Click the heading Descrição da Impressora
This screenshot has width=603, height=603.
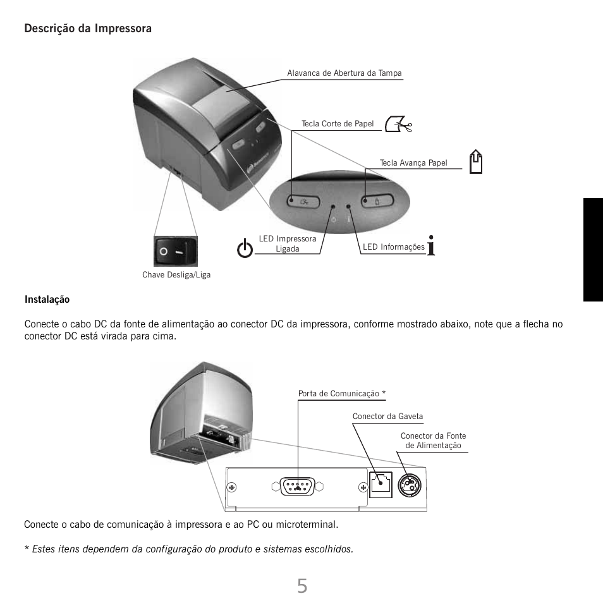point(88,28)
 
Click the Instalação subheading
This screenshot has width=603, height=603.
point(47,299)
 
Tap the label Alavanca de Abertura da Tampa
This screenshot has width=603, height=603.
point(344,73)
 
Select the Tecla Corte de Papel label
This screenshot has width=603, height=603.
point(338,123)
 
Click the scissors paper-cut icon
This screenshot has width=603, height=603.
point(398,125)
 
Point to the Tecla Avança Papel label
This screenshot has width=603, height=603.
point(413,163)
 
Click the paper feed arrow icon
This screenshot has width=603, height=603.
point(477,162)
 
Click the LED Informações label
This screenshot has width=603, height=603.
point(393,247)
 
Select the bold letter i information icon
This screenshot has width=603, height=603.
point(431,245)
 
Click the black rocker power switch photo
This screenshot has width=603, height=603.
point(176,251)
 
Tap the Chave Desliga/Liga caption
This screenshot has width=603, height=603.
point(176,275)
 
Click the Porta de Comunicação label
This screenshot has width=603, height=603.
point(341,394)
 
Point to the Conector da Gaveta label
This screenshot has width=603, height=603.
point(387,417)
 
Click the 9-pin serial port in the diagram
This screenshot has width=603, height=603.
point(297,487)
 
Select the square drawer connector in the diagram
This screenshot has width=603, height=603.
point(381,485)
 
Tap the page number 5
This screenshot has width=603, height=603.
point(302,586)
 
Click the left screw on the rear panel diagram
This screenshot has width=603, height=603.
point(233,487)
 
